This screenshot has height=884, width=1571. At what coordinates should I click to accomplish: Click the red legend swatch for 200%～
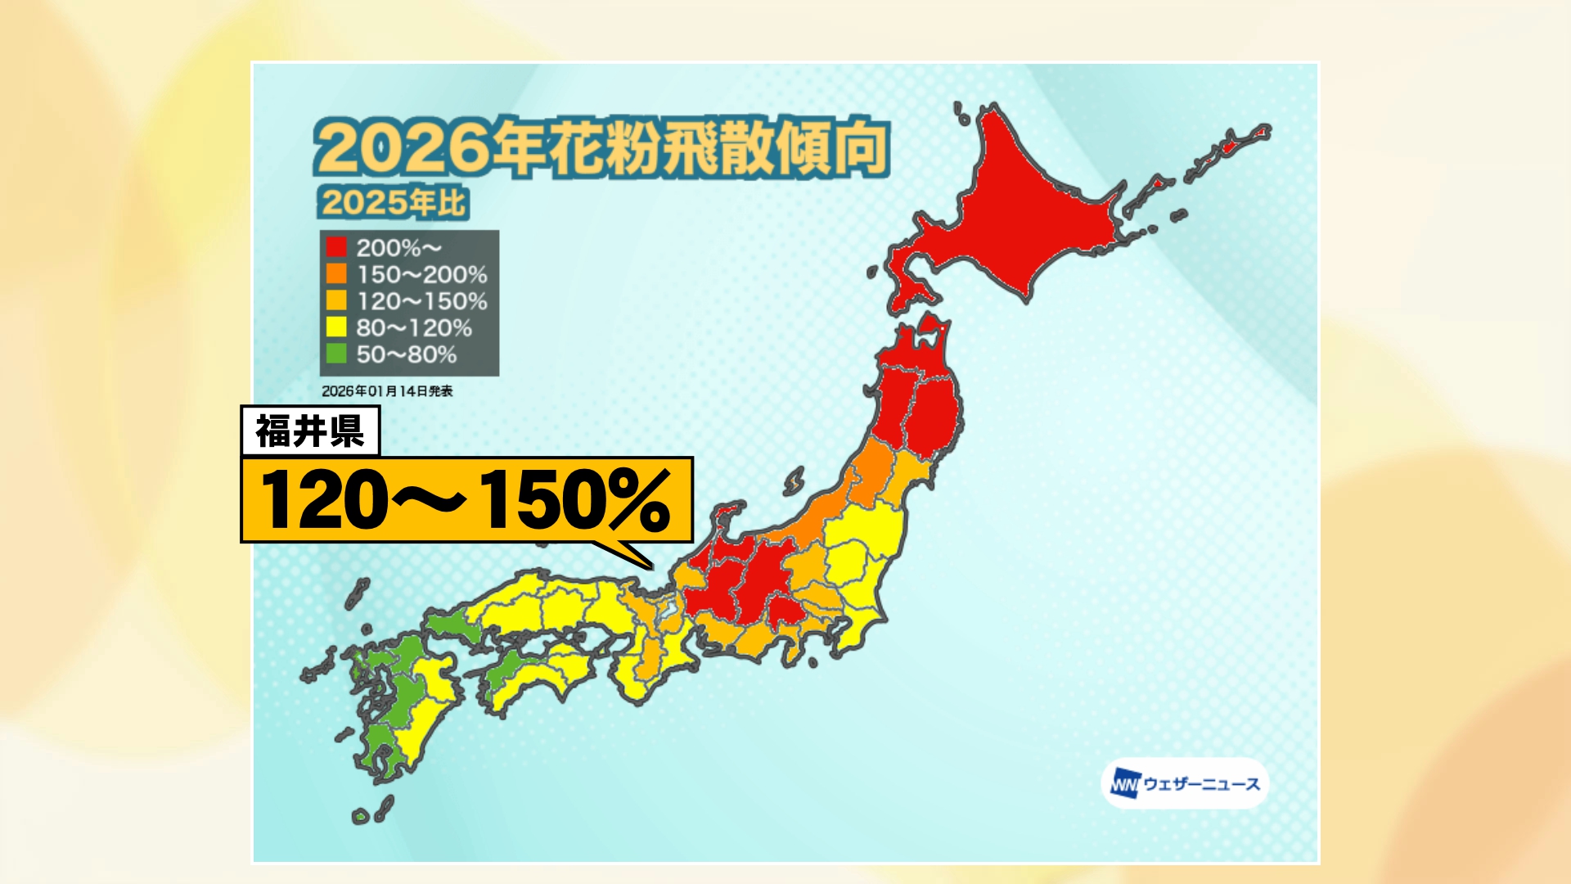[336, 247]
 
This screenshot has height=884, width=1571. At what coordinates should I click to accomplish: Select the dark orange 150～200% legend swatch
[336, 273]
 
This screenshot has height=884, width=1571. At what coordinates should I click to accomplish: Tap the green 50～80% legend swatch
[336, 354]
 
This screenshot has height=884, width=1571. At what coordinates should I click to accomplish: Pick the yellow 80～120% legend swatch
[336, 327]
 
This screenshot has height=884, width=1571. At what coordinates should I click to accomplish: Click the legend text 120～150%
[421, 301]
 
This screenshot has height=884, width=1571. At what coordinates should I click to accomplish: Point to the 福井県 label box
[310, 431]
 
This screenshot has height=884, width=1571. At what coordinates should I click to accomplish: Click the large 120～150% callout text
[466, 500]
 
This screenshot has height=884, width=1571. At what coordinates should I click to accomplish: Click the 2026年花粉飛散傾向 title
[601, 148]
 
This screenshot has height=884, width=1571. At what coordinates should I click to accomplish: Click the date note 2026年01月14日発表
[387, 391]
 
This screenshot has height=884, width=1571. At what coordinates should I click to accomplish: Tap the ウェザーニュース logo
[1185, 784]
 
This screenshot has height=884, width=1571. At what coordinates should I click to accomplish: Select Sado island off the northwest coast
[795, 480]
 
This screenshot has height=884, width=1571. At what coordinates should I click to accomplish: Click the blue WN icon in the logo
[1125, 784]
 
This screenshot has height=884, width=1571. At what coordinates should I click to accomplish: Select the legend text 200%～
[398, 247]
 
